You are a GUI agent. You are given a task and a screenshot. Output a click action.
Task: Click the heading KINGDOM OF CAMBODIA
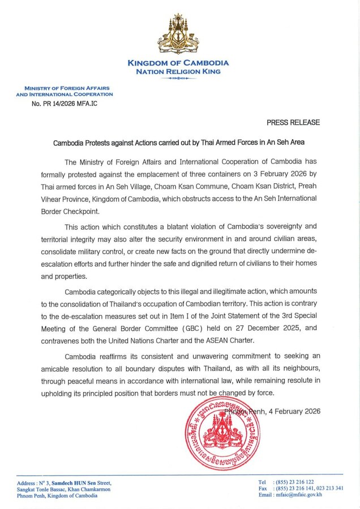(x=178, y=63)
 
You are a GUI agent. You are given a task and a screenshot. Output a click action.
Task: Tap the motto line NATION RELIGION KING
(x=178, y=71)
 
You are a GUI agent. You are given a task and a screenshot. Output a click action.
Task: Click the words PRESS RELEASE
(x=293, y=122)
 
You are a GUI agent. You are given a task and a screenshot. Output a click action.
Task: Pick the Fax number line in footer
(x=300, y=489)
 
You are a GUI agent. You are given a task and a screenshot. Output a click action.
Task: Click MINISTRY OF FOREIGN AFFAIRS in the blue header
(x=66, y=88)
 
